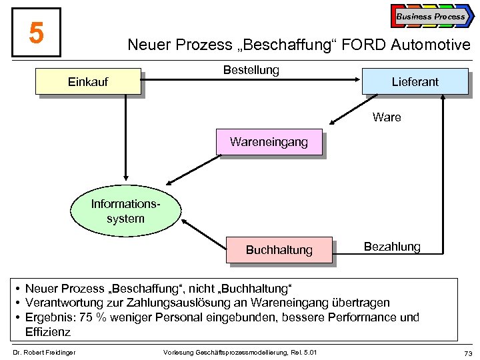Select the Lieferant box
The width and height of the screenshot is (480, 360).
(x=415, y=81)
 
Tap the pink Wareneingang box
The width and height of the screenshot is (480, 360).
(x=269, y=142)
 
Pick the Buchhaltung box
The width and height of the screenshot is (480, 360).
(x=279, y=250)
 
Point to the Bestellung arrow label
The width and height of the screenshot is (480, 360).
(x=251, y=69)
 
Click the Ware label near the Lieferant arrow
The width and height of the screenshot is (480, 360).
(x=387, y=117)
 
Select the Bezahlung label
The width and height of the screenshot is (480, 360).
(x=392, y=247)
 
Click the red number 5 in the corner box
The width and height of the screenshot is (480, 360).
(x=37, y=33)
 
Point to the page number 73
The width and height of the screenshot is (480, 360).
(x=467, y=352)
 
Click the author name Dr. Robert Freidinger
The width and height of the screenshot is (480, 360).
(x=44, y=352)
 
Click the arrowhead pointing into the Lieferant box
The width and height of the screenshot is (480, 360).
(x=357, y=81)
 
